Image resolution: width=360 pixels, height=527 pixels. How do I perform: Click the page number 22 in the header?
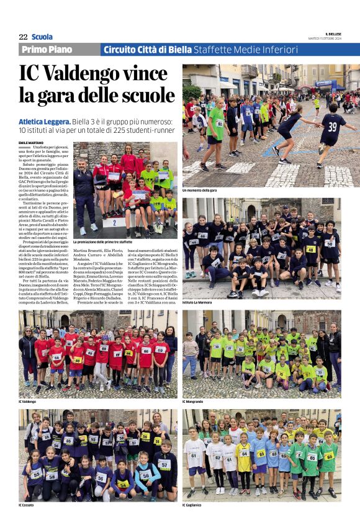coord(23,37)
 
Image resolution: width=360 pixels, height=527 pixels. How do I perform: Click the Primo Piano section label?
coord(47,50)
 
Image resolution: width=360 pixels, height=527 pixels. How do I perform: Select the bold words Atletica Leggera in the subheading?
coord(44,122)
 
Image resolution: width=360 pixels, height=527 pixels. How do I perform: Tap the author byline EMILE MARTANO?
coord(32,142)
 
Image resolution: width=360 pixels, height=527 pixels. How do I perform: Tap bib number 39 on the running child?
coord(333,127)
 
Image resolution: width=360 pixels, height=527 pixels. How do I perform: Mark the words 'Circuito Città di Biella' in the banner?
coord(147,50)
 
